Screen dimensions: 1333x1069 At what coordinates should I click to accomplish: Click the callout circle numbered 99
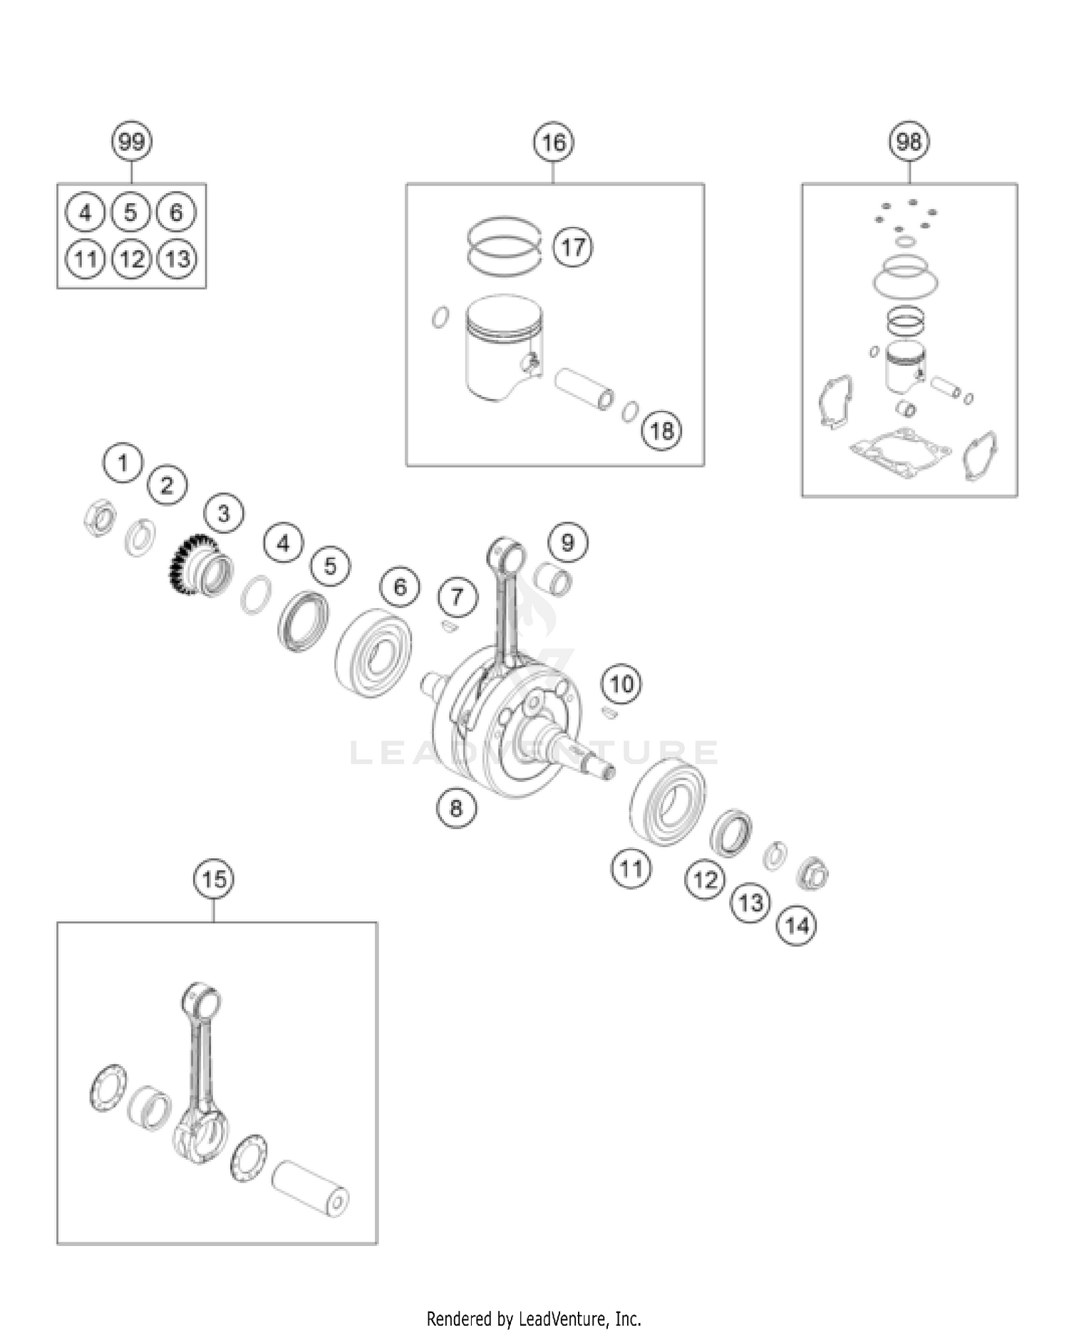coord(132,141)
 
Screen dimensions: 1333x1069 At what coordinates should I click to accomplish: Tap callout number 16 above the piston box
coord(554,143)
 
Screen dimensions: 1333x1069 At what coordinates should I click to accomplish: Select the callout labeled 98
coord(909,141)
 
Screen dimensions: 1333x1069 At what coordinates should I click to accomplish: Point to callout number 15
coord(214,879)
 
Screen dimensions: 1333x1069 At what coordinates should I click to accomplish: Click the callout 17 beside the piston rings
coord(573,247)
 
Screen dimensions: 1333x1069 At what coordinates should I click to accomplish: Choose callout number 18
coord(661,431)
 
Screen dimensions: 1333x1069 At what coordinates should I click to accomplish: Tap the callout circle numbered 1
coord(123,463)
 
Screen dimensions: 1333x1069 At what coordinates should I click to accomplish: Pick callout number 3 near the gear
coord(224,513)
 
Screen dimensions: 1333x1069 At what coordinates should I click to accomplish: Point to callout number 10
coord(621,684)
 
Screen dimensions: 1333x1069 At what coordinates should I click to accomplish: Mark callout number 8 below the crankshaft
coord(456,808)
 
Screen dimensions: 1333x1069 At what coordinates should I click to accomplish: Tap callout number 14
coord(796,926)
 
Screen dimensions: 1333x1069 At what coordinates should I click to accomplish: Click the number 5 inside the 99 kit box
coord(130,212)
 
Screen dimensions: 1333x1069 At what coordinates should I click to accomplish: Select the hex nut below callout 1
coord(99,518)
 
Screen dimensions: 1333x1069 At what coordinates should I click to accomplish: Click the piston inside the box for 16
coord(502,349)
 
